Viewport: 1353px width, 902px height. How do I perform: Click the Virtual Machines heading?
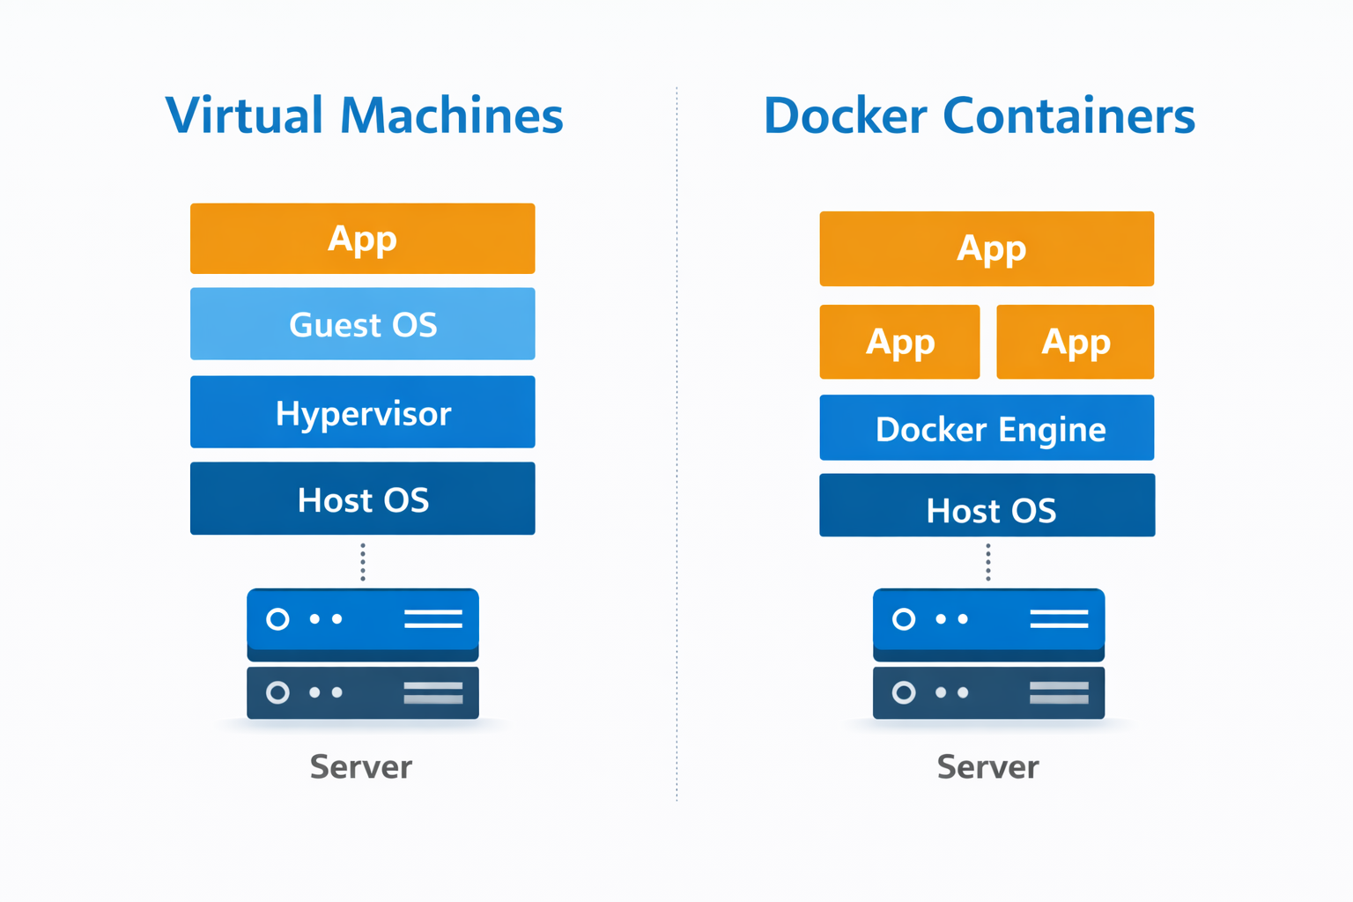364,115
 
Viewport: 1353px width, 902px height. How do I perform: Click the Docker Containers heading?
979,115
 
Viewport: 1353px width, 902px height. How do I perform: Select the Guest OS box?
362,324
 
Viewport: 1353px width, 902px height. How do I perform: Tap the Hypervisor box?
362,412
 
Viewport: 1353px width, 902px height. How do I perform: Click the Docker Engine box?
987,428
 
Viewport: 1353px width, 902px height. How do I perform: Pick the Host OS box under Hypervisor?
362,499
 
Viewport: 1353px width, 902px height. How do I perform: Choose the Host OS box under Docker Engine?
987,506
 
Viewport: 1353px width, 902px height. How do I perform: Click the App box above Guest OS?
362,239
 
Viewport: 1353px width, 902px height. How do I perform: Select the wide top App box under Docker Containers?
987,248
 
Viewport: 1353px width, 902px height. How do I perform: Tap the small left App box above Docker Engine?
899,342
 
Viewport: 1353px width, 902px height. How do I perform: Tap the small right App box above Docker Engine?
1075,342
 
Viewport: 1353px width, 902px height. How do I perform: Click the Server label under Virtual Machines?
361,766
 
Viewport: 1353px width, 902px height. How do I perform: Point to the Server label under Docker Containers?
987,766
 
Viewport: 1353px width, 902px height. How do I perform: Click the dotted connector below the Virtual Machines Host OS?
363,562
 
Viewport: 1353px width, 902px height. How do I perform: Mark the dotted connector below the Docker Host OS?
988,562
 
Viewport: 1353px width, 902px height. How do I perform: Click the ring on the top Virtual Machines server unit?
277,619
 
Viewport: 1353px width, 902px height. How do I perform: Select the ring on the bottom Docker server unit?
904,692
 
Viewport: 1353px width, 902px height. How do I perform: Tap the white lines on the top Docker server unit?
1059,619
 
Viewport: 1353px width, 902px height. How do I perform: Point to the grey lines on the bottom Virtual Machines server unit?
433,692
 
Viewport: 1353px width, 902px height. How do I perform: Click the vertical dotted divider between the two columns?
676,440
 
